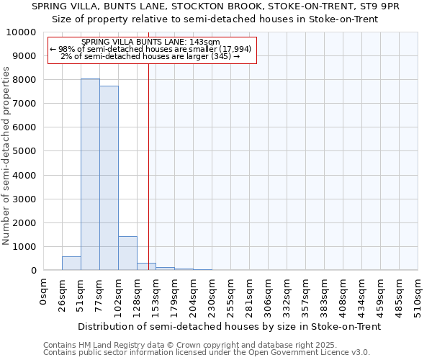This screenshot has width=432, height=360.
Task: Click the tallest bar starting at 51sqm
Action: tap(90, 174)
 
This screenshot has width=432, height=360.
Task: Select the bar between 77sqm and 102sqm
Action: tap(109, 178)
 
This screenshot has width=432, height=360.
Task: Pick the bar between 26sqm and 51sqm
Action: tap(71, 264)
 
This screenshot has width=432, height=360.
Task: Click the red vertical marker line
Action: tap(148, 166)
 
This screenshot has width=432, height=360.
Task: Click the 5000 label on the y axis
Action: tap(27, 151)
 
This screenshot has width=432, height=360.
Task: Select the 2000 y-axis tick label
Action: tap(27, 222)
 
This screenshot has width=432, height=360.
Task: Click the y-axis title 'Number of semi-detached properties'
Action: tap(7, 156)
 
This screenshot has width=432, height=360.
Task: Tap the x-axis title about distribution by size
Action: tap(229, 326)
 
